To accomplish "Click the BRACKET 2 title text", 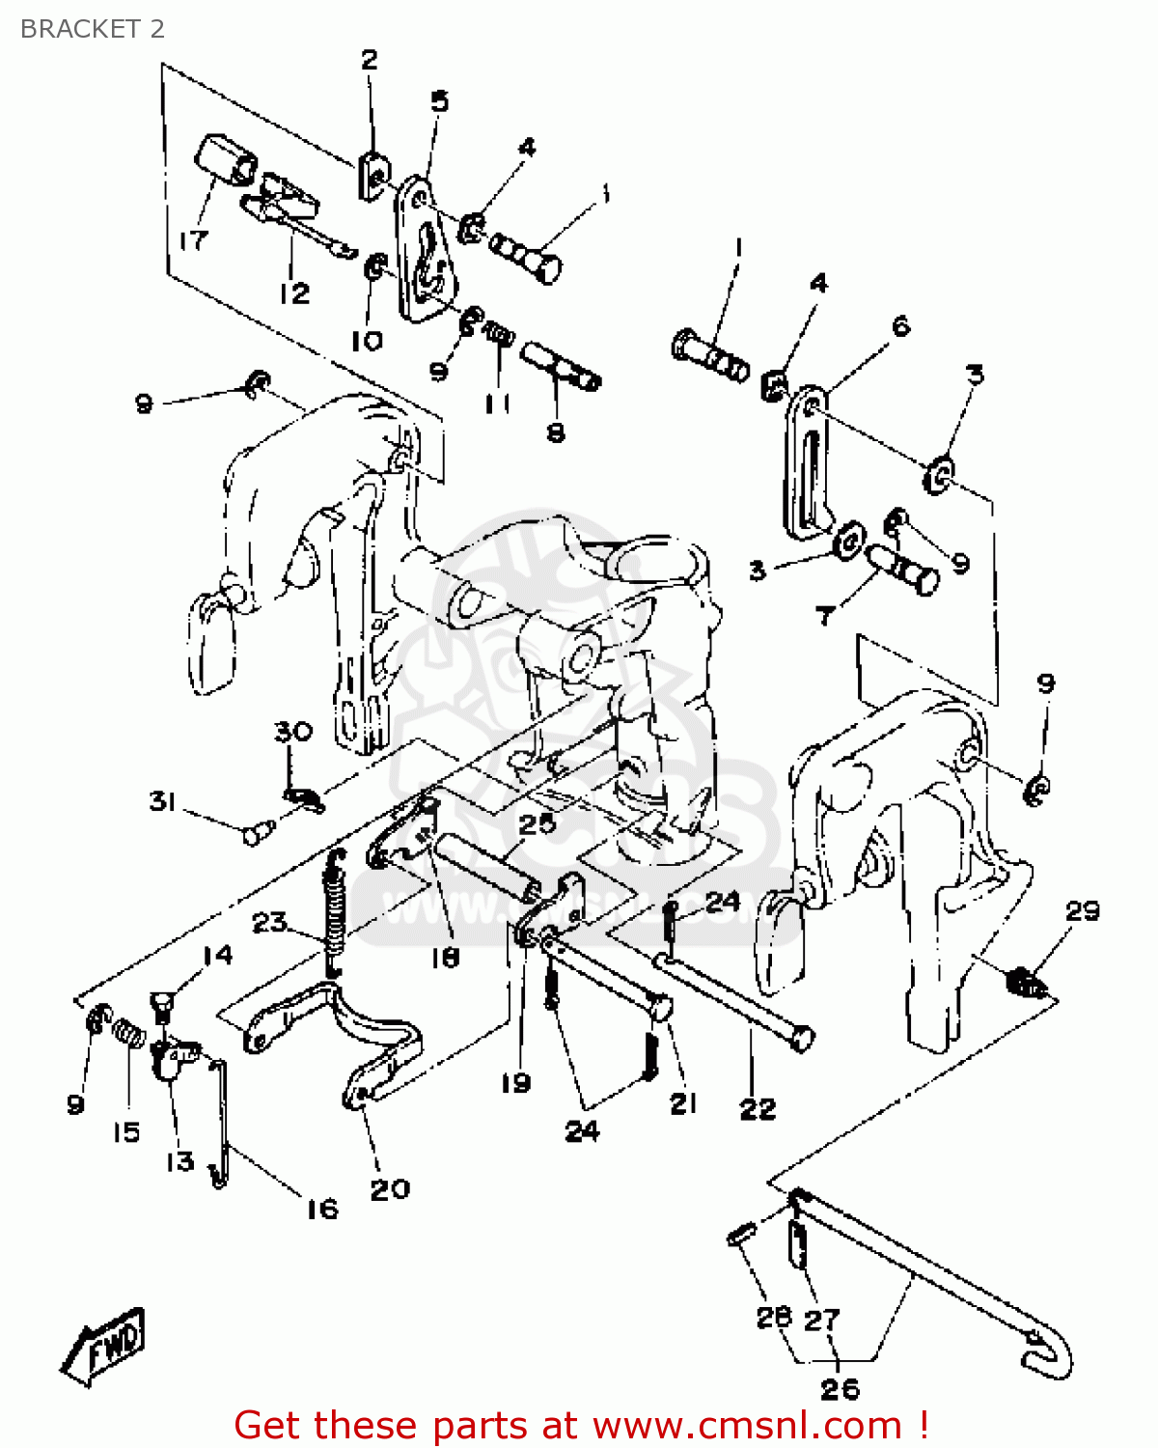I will point(93,29).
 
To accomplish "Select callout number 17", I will point(193,239).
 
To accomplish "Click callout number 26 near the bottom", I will point(840,1388).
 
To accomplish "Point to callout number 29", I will point(1082,910).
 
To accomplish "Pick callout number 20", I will point(390,1188).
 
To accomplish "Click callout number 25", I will point(537,823).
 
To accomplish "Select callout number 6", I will point(900,325).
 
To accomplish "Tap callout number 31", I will point(162,801).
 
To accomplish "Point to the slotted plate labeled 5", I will point(425,253).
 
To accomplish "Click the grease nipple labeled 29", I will point(1027,984).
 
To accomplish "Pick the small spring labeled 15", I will point(129,1034).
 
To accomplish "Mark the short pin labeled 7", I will point(903,570).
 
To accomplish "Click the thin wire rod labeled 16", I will point(222,1120).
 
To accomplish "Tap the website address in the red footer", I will point(747,1425).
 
